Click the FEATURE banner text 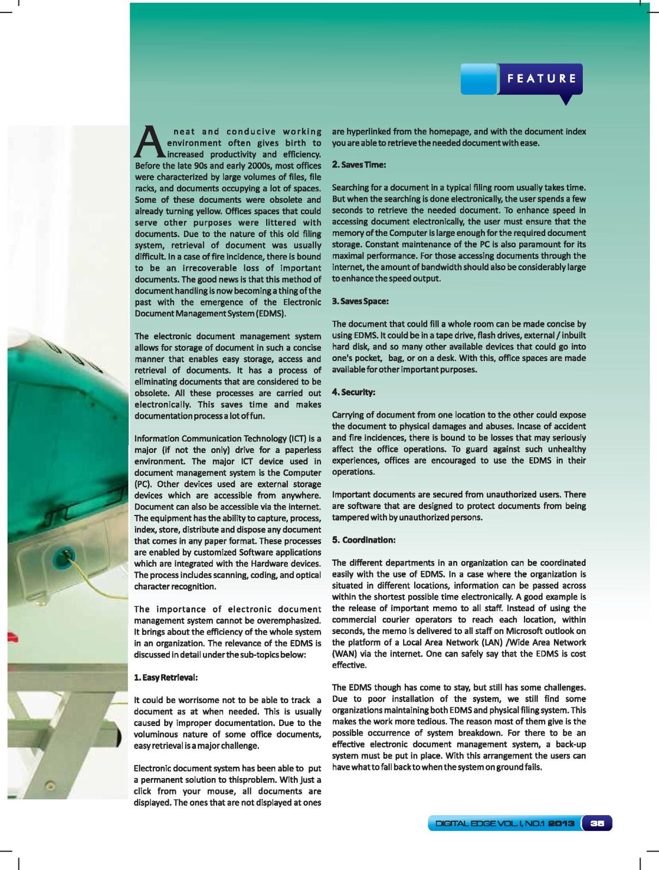pos(541,78)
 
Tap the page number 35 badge pos(598,823)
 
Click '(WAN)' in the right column pos(343,654)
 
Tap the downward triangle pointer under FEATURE pos(566,100)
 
